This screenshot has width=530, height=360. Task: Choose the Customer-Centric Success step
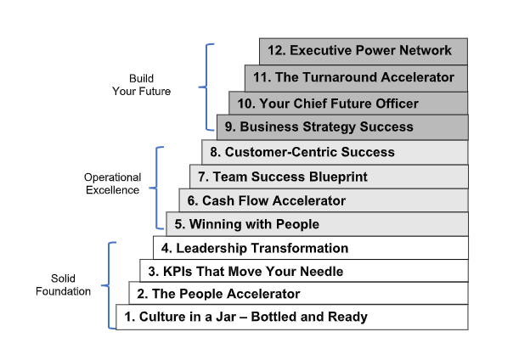coord(335,152)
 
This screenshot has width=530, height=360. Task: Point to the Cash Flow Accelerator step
coord(323,200)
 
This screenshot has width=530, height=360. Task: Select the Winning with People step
coord(317,224)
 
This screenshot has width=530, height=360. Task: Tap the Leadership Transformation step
coord(311,248)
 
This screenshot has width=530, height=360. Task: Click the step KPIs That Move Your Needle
coord(304,272)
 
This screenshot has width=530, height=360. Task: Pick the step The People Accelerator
coord(298,294)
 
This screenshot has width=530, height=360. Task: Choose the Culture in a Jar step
coord(292,317)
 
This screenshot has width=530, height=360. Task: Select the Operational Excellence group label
coord(111,183)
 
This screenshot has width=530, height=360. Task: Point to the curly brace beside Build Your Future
coord(206,86)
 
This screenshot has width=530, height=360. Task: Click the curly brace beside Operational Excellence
coord(157,187)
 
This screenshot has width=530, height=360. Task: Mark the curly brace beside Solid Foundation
coord(109,284)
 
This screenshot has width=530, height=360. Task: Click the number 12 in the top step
coord(274,51)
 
